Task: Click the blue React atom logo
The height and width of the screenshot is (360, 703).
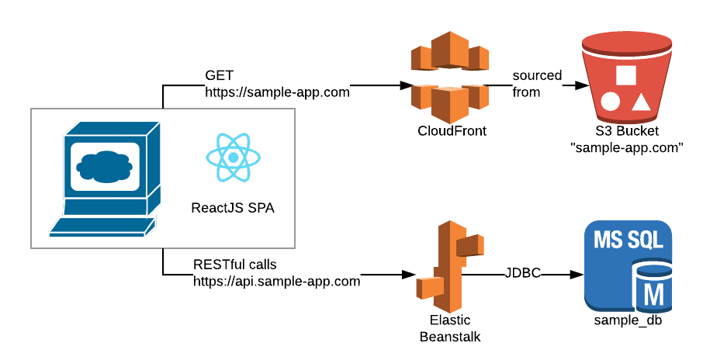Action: [233, 157]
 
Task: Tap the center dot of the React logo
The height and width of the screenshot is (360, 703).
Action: [233, 157]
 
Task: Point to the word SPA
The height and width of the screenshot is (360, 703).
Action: [261, 209]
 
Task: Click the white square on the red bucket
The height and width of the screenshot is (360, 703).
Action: [625, 75]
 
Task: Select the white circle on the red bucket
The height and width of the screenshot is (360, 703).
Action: [610, 102]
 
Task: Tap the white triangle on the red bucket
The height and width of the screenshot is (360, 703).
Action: [640, 101]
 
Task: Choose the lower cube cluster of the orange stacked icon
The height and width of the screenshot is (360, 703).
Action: [450, 100]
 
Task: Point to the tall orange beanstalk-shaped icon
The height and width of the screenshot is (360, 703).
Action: [450, 266]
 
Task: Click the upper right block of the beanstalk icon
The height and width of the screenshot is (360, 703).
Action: [470, 245]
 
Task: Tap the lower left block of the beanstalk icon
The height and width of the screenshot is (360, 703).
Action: [430, 287]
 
